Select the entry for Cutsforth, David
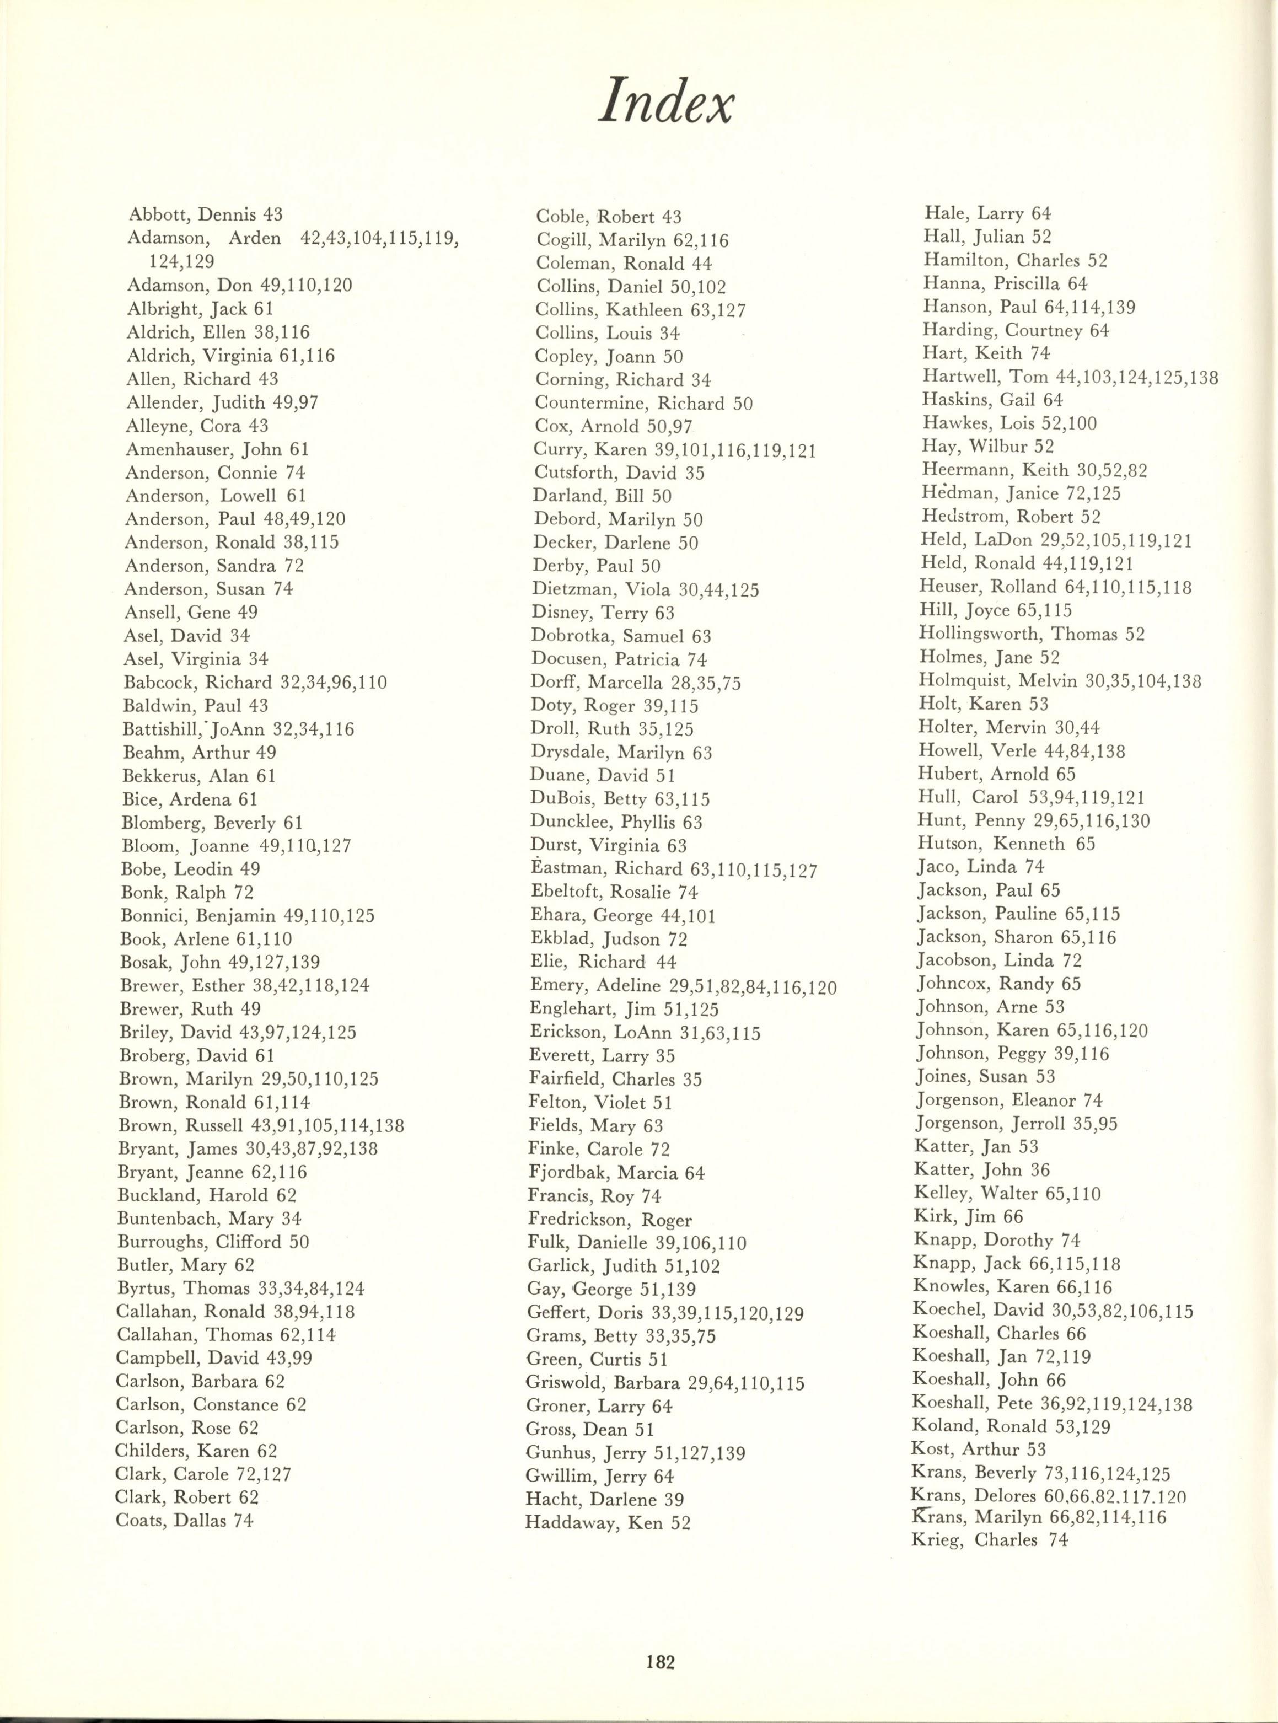[619, 473]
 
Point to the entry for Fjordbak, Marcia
[616, 1173]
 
